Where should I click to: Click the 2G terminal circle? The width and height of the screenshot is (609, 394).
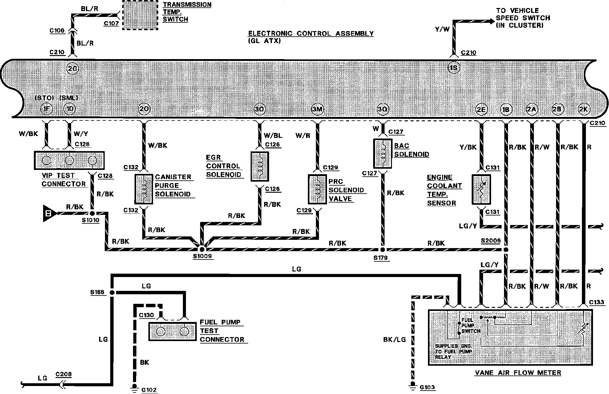[72, 69]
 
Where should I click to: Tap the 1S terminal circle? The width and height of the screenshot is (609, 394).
[454, 68]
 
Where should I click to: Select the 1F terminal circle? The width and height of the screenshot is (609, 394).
[46, 109]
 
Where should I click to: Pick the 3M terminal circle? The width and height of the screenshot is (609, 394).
[317, 109]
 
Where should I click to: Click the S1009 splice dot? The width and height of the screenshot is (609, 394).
[202, 249]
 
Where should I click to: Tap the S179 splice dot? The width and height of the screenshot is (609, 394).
[382, 250]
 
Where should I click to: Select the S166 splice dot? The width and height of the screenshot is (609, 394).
[112, 292]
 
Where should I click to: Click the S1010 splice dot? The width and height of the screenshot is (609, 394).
[92, 213]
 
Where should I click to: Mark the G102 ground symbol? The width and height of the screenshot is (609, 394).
[134, 387]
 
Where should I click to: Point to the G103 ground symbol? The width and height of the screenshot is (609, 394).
[413, 385]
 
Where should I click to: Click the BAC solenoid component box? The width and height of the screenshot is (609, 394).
[382, 154]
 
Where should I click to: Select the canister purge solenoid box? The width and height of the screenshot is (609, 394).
[144, 189]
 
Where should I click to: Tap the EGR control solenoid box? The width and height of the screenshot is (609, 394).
[260, 166]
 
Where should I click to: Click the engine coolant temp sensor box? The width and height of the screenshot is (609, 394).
[481, 189]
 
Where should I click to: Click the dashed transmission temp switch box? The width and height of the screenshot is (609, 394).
[140, 15]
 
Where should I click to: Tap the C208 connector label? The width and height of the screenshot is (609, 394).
[63, 374]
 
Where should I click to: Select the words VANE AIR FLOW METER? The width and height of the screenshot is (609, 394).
[518, 373]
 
